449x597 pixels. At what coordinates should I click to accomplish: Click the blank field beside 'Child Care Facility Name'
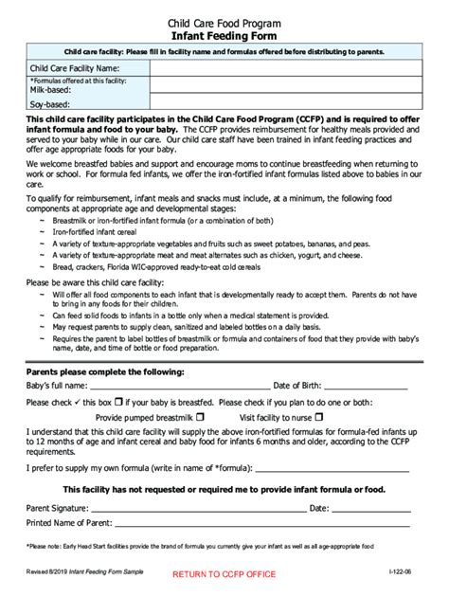point(284,68)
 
